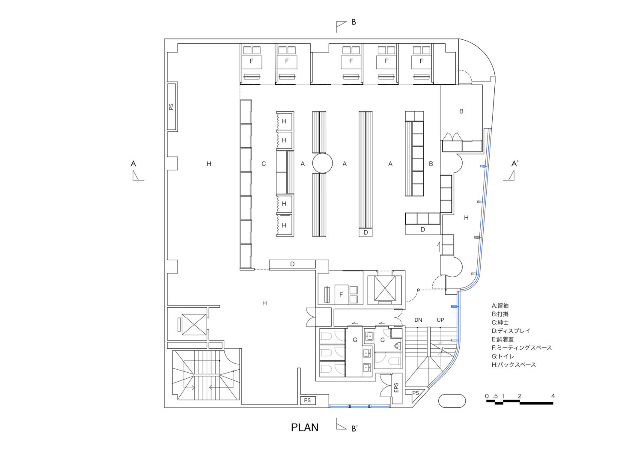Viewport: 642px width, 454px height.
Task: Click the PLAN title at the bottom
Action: coord(305,427)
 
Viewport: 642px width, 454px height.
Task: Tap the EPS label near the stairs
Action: coord(396,388)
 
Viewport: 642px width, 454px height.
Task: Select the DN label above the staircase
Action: coord(418,320)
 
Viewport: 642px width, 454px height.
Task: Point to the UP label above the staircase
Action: coord(440,320)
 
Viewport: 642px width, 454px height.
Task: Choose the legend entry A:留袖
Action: coord(500,306)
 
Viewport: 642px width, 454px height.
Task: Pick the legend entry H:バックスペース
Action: coord(514,365)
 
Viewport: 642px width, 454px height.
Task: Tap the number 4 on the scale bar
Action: coord(553,396)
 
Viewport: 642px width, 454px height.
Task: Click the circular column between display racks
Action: coord(322,163)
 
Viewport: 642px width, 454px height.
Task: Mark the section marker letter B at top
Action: coord(354,22)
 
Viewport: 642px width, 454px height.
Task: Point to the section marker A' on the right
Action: coord(515,163)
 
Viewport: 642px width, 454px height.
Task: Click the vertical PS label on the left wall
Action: coord(171,107)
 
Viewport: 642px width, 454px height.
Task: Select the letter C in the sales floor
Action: coord(264,163)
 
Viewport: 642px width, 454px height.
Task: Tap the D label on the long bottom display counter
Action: coord(292,264)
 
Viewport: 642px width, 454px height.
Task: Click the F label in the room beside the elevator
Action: coord(341,295)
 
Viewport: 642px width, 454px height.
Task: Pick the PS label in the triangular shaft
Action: coord(415,393)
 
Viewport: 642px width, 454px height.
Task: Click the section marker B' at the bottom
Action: coord(354,428)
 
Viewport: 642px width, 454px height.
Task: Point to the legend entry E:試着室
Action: coord(503,339)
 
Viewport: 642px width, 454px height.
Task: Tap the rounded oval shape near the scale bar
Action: coord(452,401)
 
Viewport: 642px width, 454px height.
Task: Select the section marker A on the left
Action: coord(133,163)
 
